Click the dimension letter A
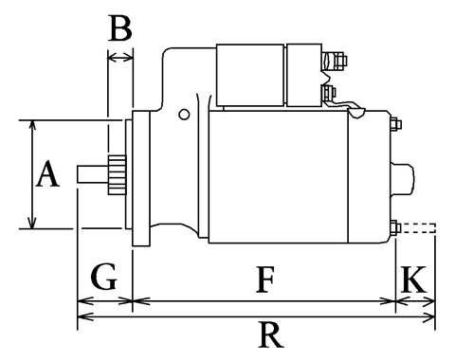tap(47, 173)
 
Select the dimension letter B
tap(120, 28)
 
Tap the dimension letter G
tap(104, 277)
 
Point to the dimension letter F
tap(264, 279)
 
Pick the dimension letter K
tap(413, 279)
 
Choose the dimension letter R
tap(271, 334)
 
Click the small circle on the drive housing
tap(184, 114)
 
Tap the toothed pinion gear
tap(117, 175)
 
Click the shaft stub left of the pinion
tap(93, 174)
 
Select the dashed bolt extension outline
tap(418, 228)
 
